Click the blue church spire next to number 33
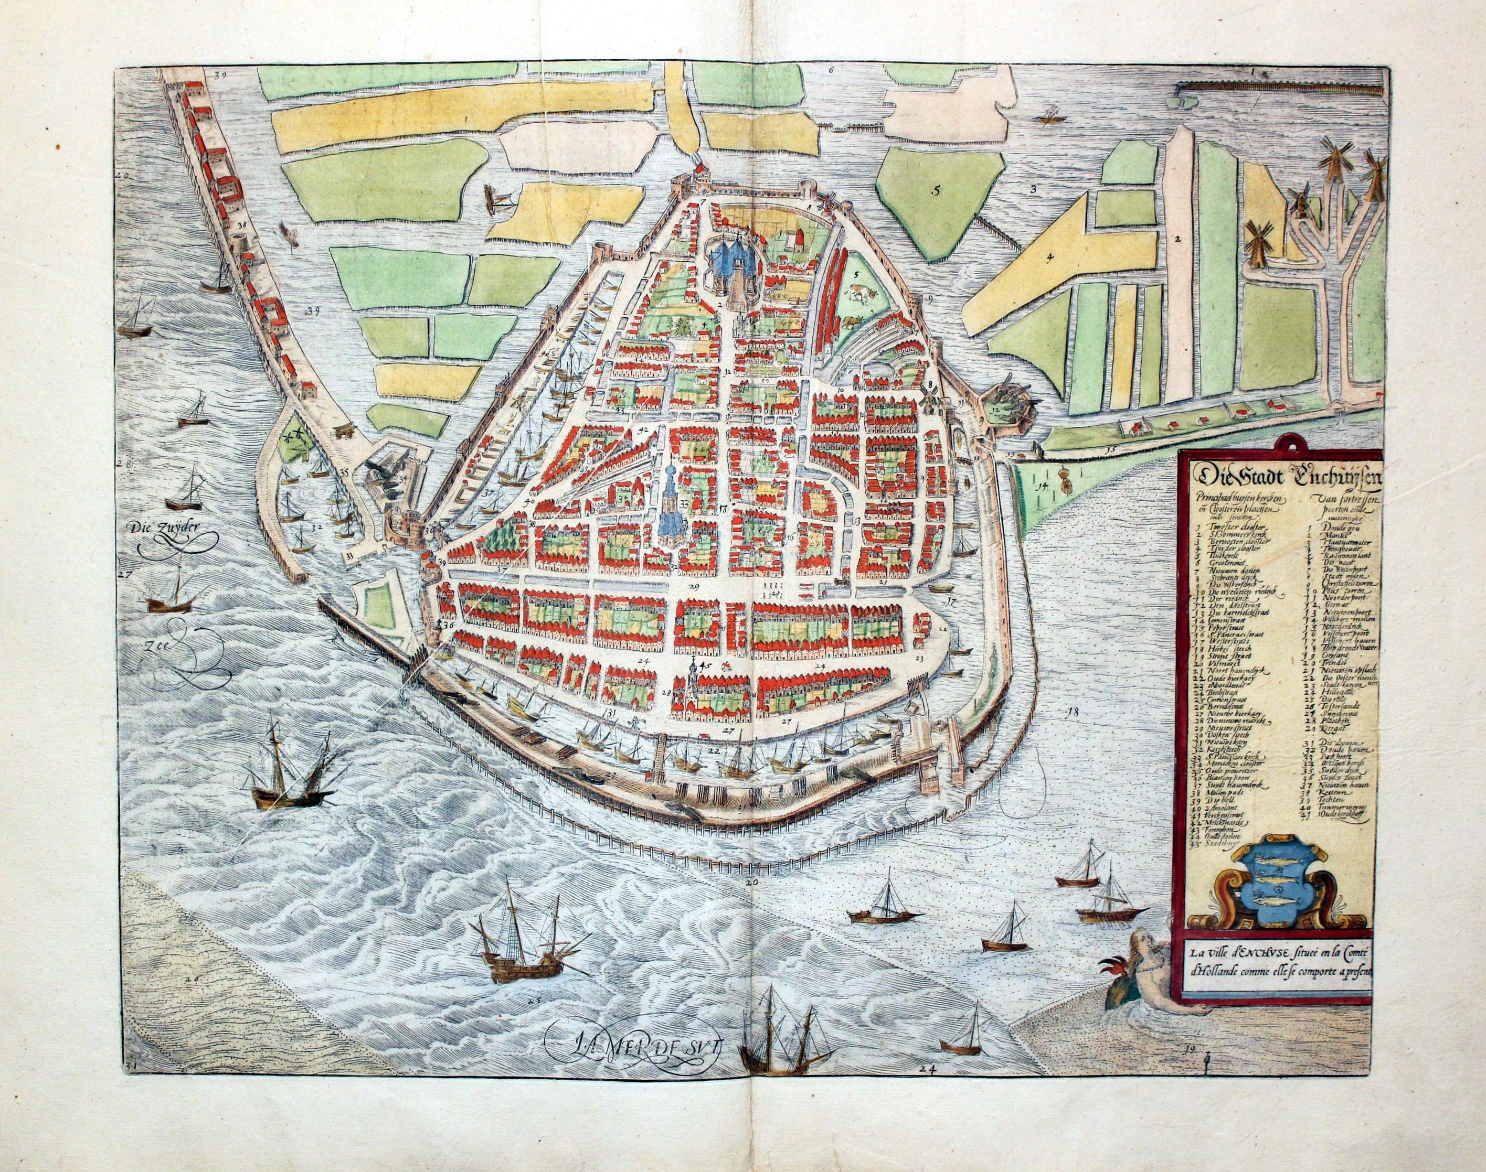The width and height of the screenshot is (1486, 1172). [x=668, y=508]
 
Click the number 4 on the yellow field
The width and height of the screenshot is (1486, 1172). [x=1050, y=258]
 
